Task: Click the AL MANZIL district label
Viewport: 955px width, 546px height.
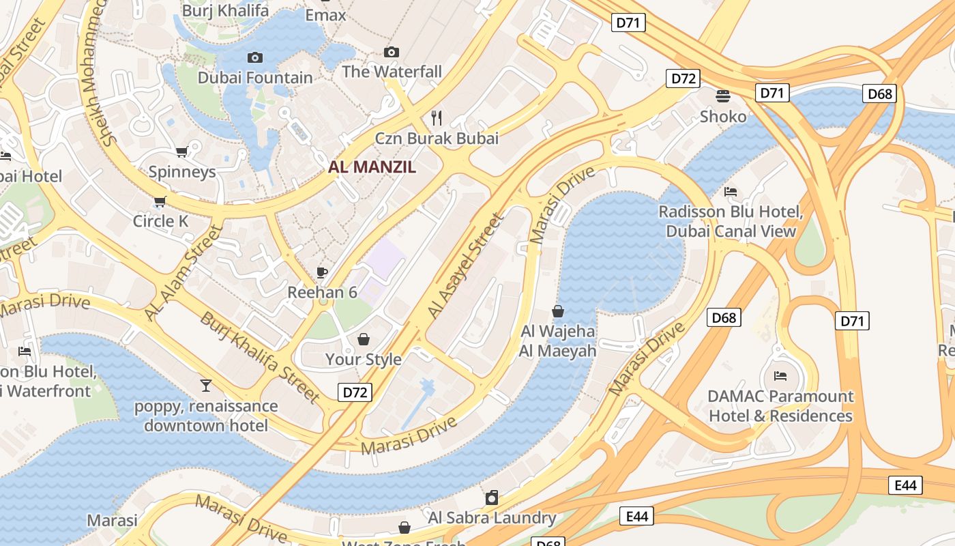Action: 372,167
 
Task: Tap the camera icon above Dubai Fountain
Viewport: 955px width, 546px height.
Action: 255,58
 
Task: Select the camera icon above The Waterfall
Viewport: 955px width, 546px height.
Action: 392,52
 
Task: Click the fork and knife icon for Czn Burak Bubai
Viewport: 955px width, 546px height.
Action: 437,118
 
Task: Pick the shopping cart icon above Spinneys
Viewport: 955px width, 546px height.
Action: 181,152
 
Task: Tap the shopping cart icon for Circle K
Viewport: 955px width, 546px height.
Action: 160,201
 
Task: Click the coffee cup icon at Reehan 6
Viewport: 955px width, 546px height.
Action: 322,273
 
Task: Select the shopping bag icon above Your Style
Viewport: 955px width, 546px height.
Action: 364,339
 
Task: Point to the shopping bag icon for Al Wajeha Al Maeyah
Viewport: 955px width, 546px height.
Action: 558,311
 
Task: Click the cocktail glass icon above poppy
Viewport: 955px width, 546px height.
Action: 206,386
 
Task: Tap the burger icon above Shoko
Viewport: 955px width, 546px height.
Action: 723,96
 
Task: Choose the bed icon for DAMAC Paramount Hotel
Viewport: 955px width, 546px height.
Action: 780,376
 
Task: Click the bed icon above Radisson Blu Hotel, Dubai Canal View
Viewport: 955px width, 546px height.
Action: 731,192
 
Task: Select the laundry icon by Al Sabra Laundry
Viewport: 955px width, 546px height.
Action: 492,498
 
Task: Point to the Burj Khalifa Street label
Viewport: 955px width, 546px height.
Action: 259,357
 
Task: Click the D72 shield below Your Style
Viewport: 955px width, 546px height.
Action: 355,392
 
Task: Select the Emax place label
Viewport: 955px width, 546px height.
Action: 325,15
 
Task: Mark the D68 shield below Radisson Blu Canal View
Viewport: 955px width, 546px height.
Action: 724,317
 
